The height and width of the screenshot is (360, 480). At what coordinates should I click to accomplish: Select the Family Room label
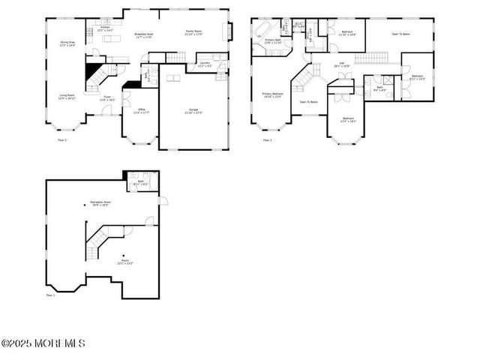pos(194,32)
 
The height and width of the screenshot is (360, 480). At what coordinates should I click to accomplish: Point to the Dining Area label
pos(67,44)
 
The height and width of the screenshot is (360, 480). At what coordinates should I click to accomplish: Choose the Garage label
pos(193,111)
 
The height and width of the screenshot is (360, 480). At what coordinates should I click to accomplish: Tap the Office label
pos(141,111)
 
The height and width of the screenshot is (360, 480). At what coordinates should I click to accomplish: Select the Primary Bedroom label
pos(271,95)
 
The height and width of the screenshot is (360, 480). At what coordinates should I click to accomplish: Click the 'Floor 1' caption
pos(50,295)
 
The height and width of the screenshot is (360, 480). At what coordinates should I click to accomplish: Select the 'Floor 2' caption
pos(62,140)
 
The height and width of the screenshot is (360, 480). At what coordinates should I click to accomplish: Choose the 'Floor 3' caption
pos(266,140)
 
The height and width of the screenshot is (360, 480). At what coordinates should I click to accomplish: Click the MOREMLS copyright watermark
pos(43,343)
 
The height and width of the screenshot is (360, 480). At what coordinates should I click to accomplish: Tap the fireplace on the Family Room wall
pos(230,31)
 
